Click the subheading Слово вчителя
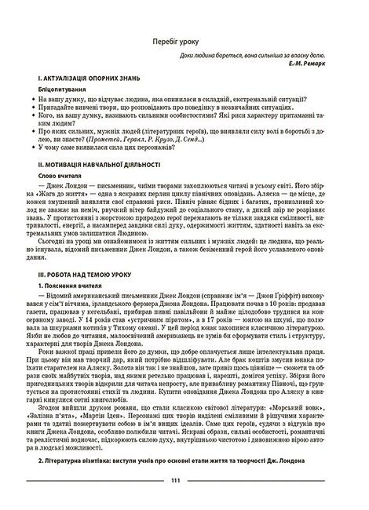60,177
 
